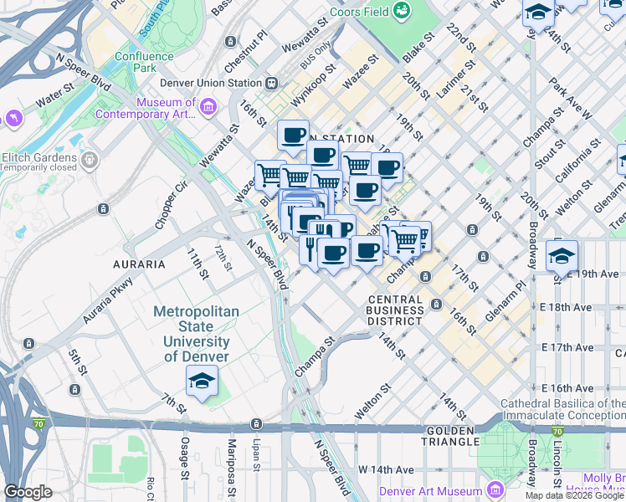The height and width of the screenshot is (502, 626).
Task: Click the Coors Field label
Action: [358, 12]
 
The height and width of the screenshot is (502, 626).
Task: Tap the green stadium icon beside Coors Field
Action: [403, 10]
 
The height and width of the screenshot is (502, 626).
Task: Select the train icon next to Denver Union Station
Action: [271, 84]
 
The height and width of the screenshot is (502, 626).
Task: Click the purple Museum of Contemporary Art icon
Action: [208, 106]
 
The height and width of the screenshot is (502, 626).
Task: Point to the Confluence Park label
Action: [144, 62]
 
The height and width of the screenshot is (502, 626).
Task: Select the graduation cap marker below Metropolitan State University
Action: [202, 382]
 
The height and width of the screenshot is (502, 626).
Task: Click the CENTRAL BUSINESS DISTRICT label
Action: [396, 310]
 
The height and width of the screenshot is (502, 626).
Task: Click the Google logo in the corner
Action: [28, 491]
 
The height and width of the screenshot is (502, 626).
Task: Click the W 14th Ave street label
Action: [387, 469]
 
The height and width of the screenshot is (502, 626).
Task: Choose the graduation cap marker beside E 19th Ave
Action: [562, 256]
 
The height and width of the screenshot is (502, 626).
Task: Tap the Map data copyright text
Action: [575, 495]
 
